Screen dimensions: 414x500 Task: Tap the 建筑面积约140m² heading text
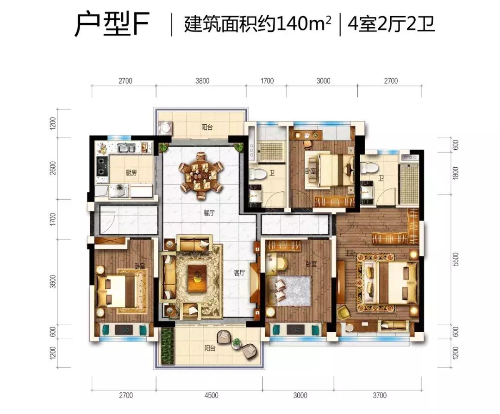click(257, 24)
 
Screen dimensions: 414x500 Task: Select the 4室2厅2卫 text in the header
click(391, 24)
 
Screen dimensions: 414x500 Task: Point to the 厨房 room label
click(131, 173)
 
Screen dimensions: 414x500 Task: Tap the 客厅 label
click(239, 273)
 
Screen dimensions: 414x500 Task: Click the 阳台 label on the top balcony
click(206, 128)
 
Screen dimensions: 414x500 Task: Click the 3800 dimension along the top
click(202, 81)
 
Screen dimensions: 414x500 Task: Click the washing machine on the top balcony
click(166, 128)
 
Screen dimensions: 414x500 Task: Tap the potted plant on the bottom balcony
click(237, 343)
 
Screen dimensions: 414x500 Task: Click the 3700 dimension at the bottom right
click(380, 395)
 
